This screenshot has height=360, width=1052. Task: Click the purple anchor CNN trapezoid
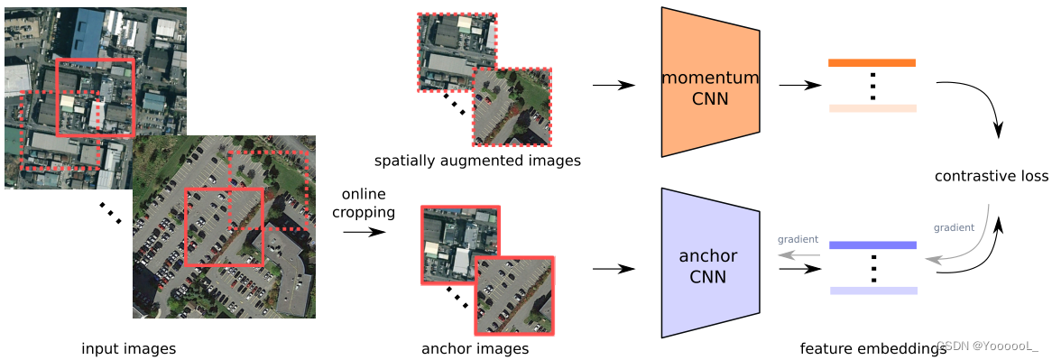coord(709,263)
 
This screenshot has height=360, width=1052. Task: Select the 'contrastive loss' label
coord(991,176)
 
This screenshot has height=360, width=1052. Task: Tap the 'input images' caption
coord(128,348)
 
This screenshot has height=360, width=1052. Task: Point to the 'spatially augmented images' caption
coord(477,162)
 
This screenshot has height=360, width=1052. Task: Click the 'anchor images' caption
coord(475,348)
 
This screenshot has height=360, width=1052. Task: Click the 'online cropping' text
coord(364,204)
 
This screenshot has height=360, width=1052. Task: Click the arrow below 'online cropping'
coord(363,232)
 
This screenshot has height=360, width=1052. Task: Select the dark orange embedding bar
coord(872,63)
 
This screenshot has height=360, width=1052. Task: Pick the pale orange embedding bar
coord(872,108)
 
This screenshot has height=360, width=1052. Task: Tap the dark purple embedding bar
coord(872,245)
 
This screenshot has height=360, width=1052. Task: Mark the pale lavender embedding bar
coord(872,291)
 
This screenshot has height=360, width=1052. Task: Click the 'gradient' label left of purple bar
coord(798,239)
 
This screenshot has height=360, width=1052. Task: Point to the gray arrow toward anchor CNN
coord(798,254)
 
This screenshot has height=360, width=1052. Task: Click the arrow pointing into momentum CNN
coord(614,86)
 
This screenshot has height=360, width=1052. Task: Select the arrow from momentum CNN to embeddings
coord(799,86)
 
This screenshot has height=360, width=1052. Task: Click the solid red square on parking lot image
coord(224,226)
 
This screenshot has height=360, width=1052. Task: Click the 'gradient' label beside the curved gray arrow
coord(954,227)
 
